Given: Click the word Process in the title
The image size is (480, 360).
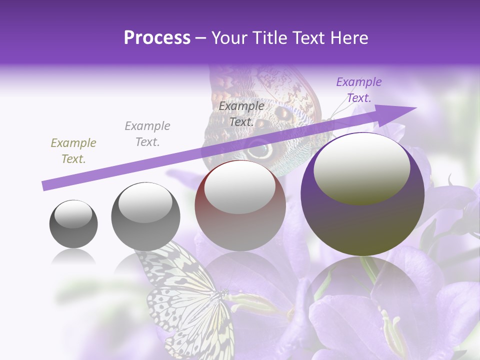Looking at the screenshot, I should point(157,38).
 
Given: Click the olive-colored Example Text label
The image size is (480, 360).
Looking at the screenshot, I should point(73,151).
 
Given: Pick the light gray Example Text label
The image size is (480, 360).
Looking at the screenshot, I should point(147,134).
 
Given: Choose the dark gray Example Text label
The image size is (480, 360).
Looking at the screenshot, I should point(241,114).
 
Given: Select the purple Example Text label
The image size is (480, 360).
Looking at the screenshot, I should point(358,90).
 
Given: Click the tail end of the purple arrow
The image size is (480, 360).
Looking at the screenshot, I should point(44,186).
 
